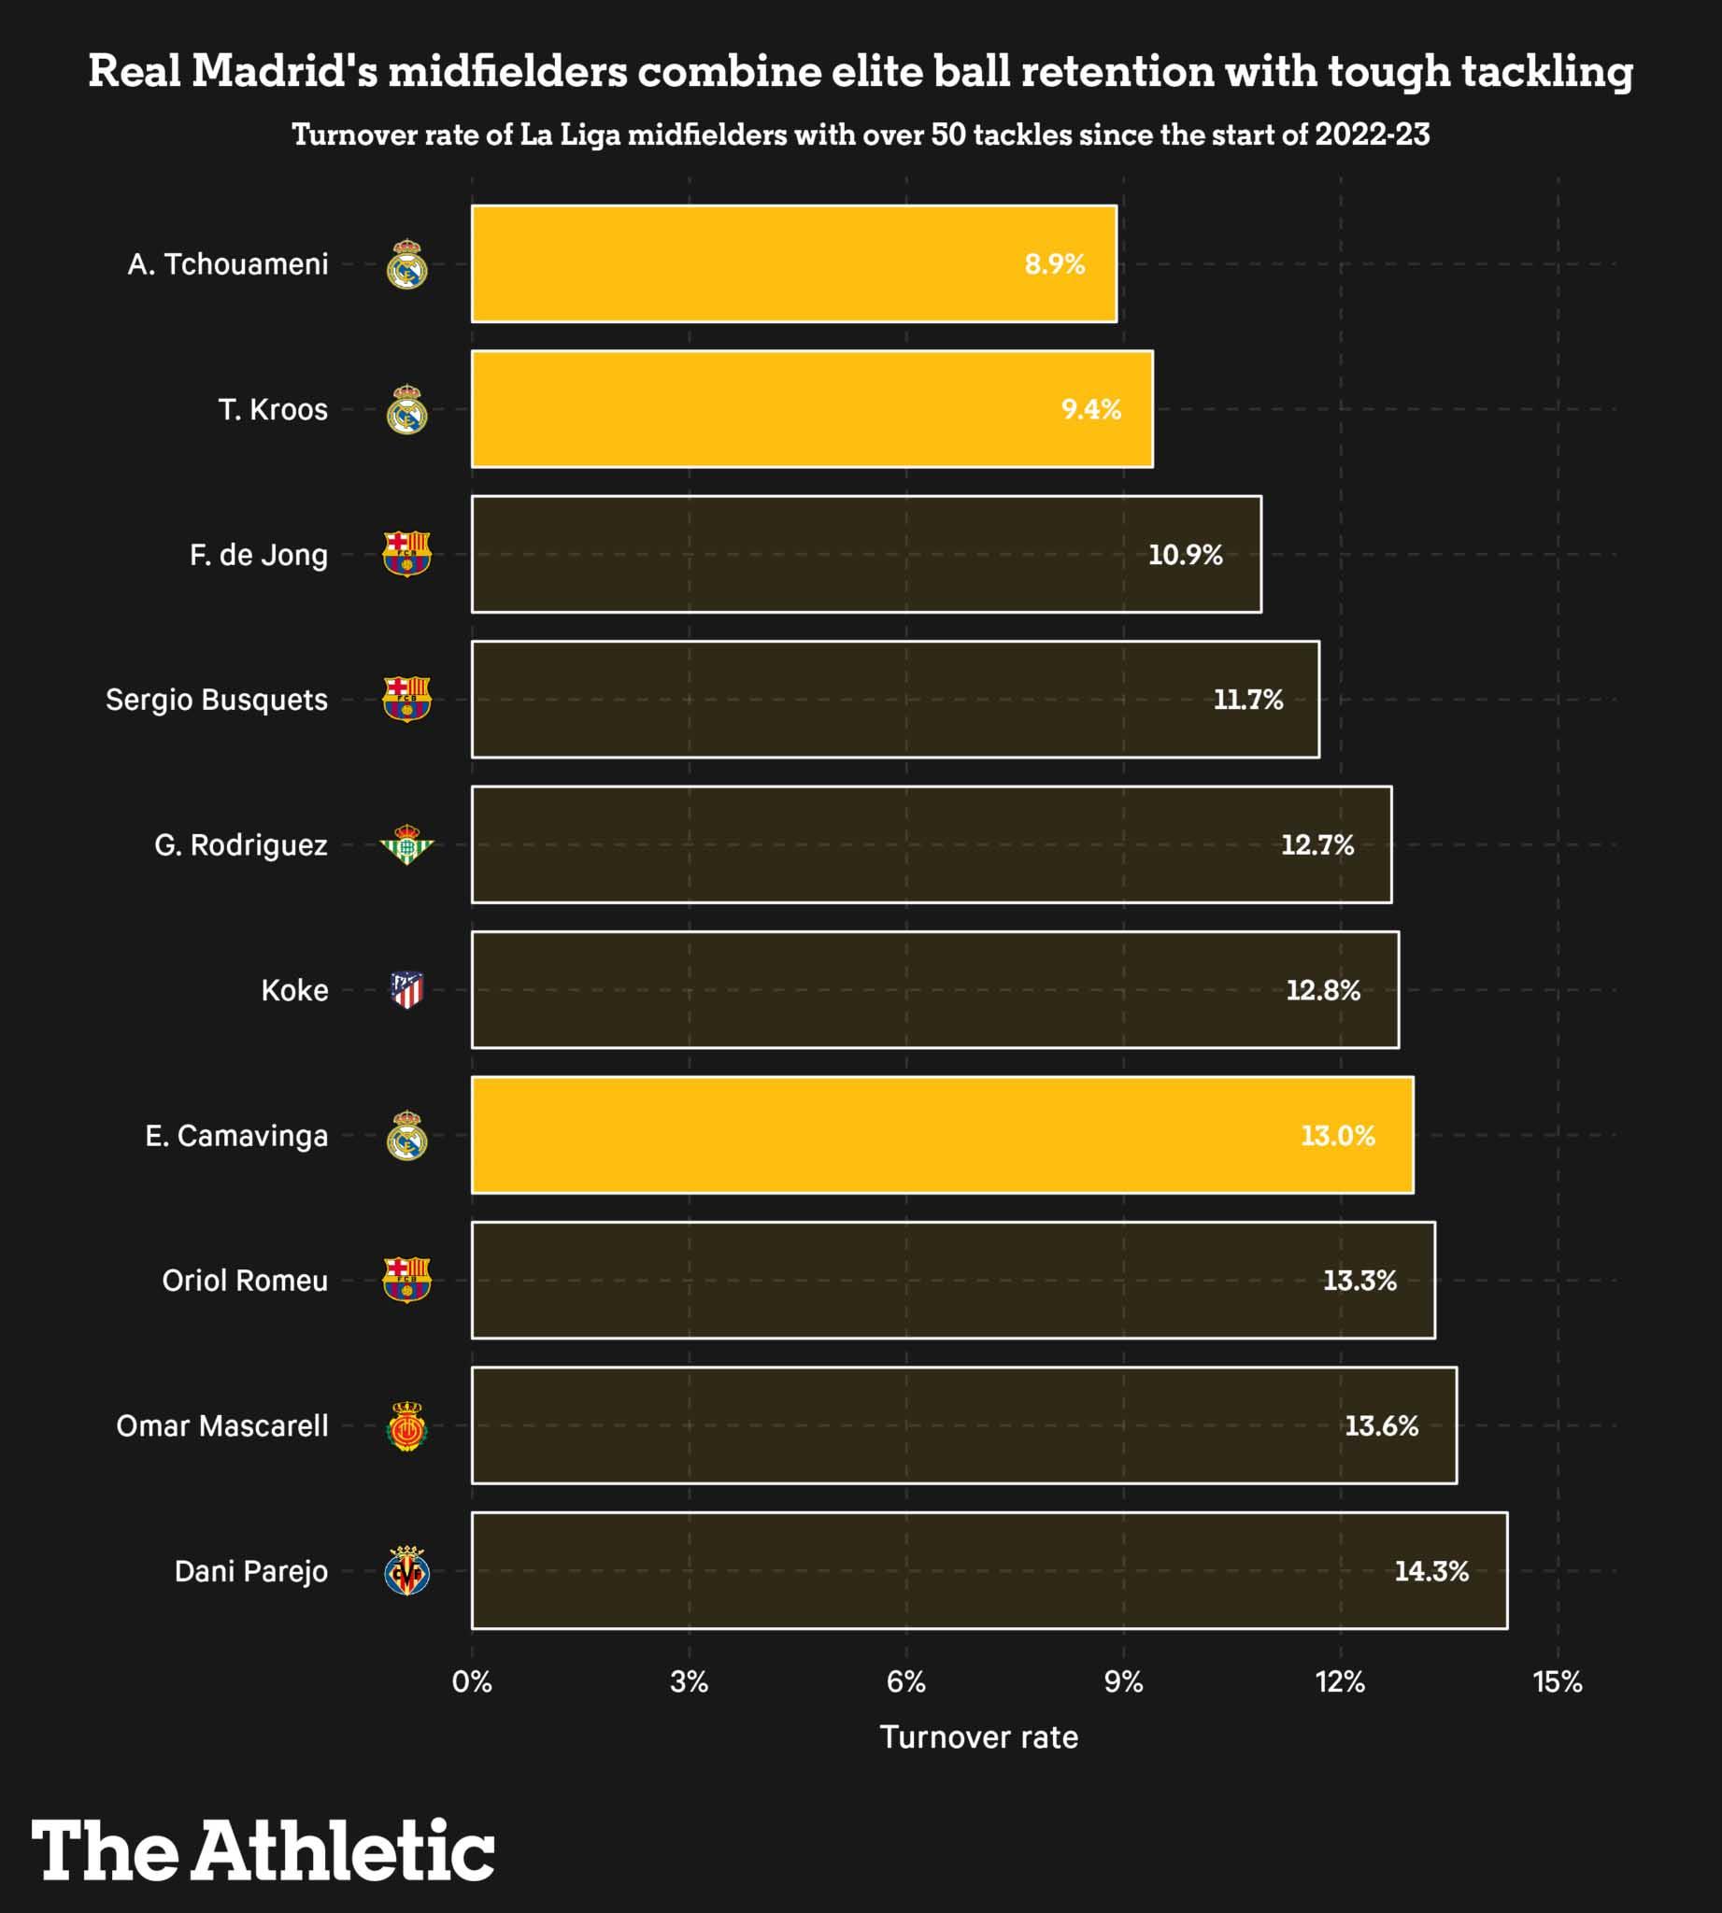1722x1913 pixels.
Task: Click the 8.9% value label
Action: tap(1054, 264)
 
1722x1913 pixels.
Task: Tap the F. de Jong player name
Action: tap(258, 555)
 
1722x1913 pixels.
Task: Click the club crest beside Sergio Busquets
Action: tap(406, 700)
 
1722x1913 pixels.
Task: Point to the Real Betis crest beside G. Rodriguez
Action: tap(406, 844)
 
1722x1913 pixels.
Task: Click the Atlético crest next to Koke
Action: tap(406, 989)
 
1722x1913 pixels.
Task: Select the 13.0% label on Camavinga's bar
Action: tap(1337, 1135)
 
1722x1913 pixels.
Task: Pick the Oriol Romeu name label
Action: tap(245, 1280)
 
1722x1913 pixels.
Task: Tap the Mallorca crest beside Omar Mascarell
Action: tap(406, 1425)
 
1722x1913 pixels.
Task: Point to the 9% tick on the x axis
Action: tap(1123, 1681)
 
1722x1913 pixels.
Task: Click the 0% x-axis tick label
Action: tap(471, 1681)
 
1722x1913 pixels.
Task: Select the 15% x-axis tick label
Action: tap(1558, 1681)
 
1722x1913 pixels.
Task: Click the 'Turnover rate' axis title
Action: tap(978, 1737)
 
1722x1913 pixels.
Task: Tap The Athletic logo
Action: tap(263, 1849)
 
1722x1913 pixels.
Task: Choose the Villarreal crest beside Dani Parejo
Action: tap(406, 1570)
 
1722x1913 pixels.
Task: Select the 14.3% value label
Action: tap(1430, 1570)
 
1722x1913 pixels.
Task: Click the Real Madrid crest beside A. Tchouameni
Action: tap(406, 264)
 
